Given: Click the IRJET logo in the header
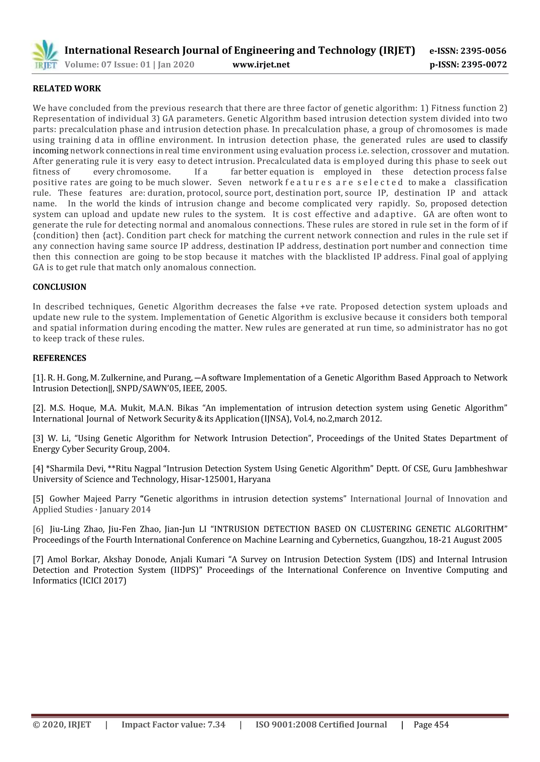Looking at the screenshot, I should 45,55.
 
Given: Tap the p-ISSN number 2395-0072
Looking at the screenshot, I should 484,65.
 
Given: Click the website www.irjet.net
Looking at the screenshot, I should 261,65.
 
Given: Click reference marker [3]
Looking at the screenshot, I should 38,439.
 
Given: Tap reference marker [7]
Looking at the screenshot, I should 38,559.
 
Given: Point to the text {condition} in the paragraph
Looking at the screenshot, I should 56,235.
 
